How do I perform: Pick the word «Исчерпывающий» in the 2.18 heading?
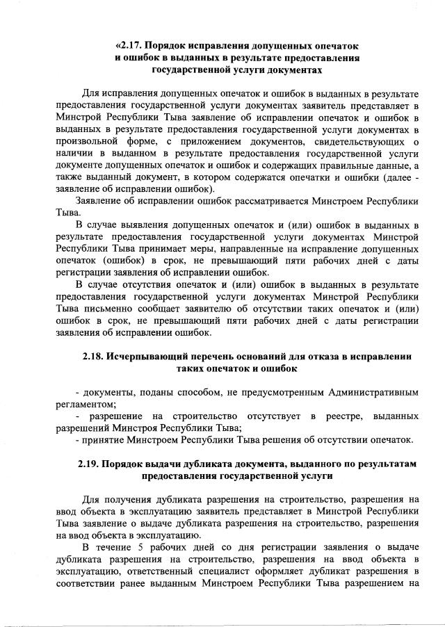149,357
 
